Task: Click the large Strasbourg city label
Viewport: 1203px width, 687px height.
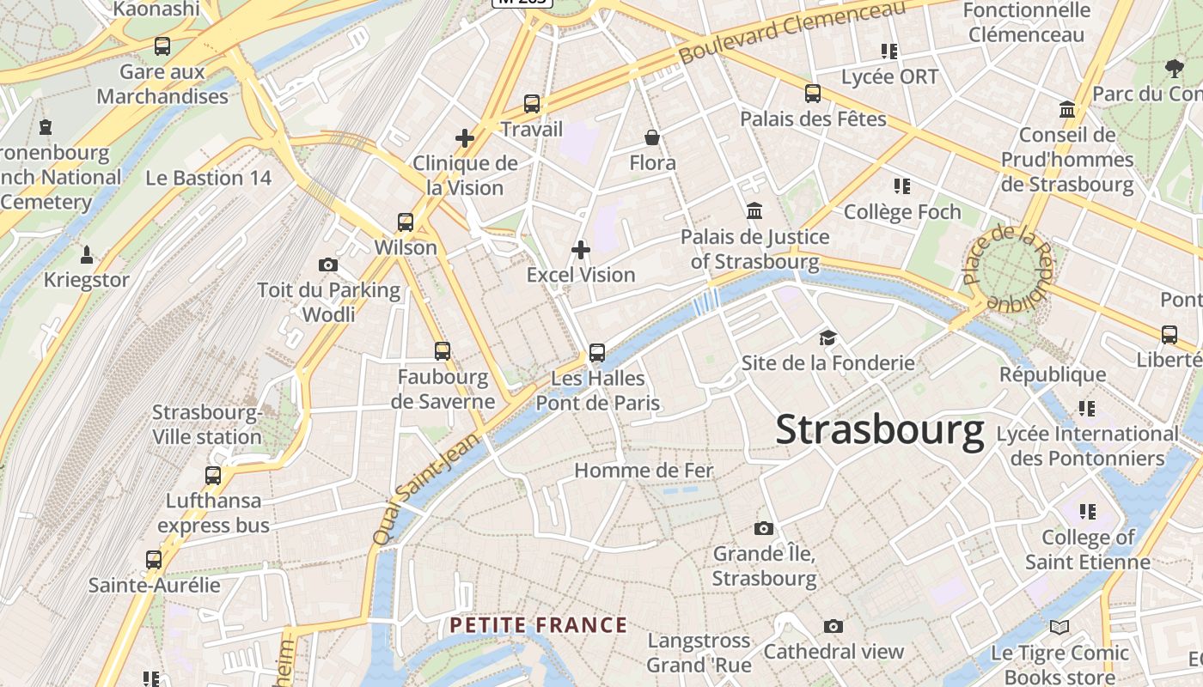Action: click(x=879, y=430)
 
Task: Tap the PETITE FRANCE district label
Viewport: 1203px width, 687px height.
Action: click(x=539, y=625)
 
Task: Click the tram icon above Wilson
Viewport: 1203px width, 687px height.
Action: click(x=406, y=222)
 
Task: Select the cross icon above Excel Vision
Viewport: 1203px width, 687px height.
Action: click(x=581, y=250)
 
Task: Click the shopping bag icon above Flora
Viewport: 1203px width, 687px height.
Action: click(x=652, y=137)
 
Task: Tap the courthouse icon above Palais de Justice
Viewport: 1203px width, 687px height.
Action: click(x=754, y=210)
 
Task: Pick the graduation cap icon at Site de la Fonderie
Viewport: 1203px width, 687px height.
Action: click(x=827, y=337)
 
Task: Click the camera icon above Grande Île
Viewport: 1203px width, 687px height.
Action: click(x=763, y=528)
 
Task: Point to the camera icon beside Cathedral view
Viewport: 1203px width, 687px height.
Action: click(x=833, y=627)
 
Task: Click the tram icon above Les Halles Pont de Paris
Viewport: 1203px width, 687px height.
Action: click(x=596, y=353)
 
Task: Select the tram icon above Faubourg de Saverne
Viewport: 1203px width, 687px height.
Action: click(x=443, y=350)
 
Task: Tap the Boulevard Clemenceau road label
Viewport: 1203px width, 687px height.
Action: click(x=792, y=32)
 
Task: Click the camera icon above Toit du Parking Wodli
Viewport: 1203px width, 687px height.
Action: click(x=328, y=264)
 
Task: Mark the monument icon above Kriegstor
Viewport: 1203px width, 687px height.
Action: click(x=86, y=255)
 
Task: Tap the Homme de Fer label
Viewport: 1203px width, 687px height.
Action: click(x=644, y=471)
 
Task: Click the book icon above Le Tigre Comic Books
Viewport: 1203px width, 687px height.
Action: click(x=1059, y=628)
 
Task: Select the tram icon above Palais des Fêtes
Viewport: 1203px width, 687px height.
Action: click(x=812, y=94)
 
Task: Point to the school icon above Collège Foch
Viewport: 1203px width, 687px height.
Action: click(x=901, y=185)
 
